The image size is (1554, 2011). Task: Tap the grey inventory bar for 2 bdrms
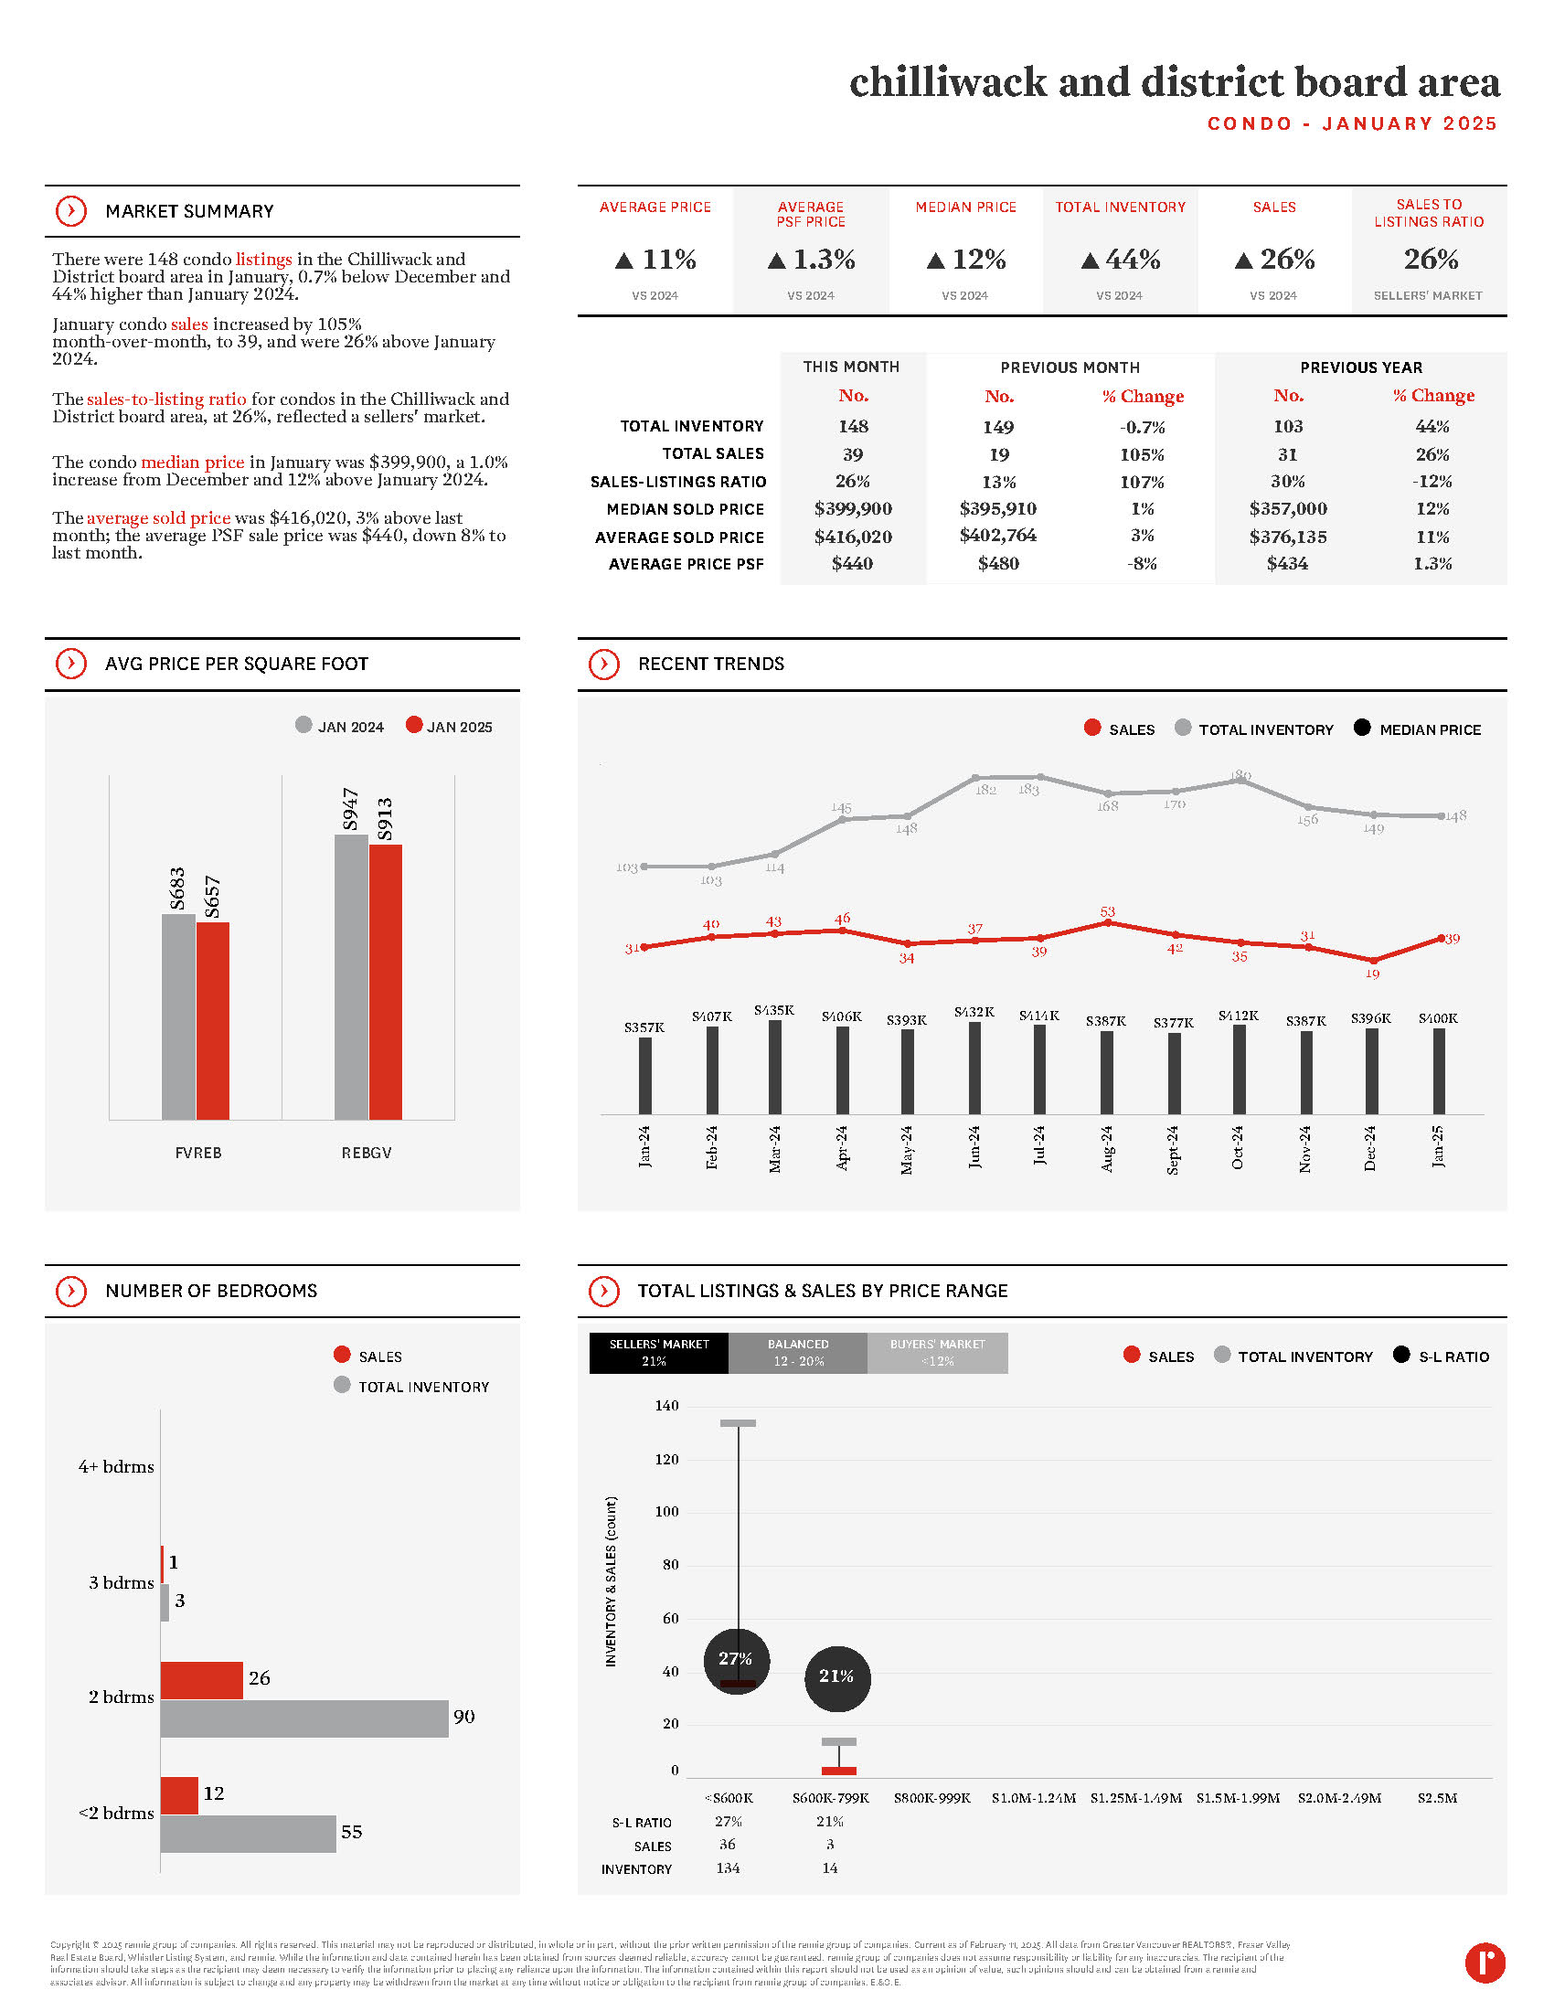[303, 1718]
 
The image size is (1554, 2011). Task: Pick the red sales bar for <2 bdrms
[178, 1794]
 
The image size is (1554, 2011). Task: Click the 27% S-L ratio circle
[737, 1659]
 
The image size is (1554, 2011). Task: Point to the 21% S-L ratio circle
[836, 1677]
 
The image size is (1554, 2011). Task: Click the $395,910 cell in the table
[997, 509]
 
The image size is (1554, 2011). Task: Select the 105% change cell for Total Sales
[1142, 455]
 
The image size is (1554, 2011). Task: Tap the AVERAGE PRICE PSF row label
[685, 564]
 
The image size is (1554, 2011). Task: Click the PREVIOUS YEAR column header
[1360, 367]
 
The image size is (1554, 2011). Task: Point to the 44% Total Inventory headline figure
[1121, 260]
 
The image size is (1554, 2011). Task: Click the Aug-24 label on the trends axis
[1107, 1147]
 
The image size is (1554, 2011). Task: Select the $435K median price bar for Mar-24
[774, 1066]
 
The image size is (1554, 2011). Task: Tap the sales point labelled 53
[1107, 921]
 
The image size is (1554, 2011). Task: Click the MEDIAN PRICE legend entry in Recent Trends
[1418, 729]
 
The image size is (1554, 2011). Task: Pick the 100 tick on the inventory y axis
[666, 1512]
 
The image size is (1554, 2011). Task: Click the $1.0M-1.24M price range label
[1033, 1797]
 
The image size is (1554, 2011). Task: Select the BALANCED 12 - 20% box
[797, 1353]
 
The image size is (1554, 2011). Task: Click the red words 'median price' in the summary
[192, 463]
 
